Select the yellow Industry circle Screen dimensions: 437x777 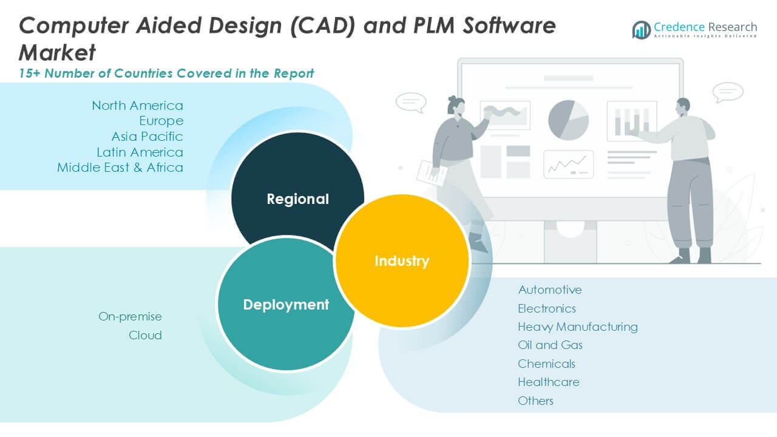(x=402, y=261)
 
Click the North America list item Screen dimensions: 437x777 (x=137, y=106)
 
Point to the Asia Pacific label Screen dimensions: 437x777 (x=147, y=137)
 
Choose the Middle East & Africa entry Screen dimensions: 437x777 (x=120, y=168)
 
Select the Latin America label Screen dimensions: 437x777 (x=140, y=152)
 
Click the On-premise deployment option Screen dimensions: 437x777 (x=130, y=317)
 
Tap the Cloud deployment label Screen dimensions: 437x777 (x=145, y=335)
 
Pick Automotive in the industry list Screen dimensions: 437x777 (x=549, y=290)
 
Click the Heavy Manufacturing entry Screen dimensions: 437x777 (x=577, y=327)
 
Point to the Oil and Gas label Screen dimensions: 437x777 (x=550, y=345)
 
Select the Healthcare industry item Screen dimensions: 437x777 (x=548, y=382)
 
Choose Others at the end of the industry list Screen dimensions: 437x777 (x=535, y=401)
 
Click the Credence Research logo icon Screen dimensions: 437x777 (x=641, y=30)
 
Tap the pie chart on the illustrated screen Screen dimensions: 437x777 (x=568, y=120)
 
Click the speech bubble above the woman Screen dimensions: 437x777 (x=410, y=102)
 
